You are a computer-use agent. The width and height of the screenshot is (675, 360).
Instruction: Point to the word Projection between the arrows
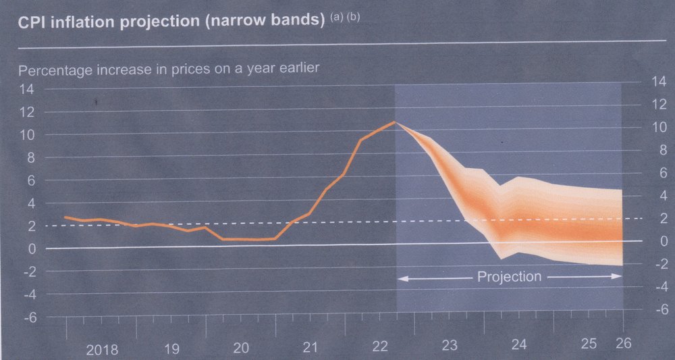tap(509, 276)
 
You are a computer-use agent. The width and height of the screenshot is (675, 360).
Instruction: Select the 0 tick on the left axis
tap(32, 249)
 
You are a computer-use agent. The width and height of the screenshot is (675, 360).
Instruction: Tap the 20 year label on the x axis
tap(241, 349)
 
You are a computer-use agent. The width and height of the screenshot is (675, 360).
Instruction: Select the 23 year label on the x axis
tap(450, 346)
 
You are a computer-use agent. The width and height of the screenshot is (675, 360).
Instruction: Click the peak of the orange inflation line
tap(395, 122)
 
